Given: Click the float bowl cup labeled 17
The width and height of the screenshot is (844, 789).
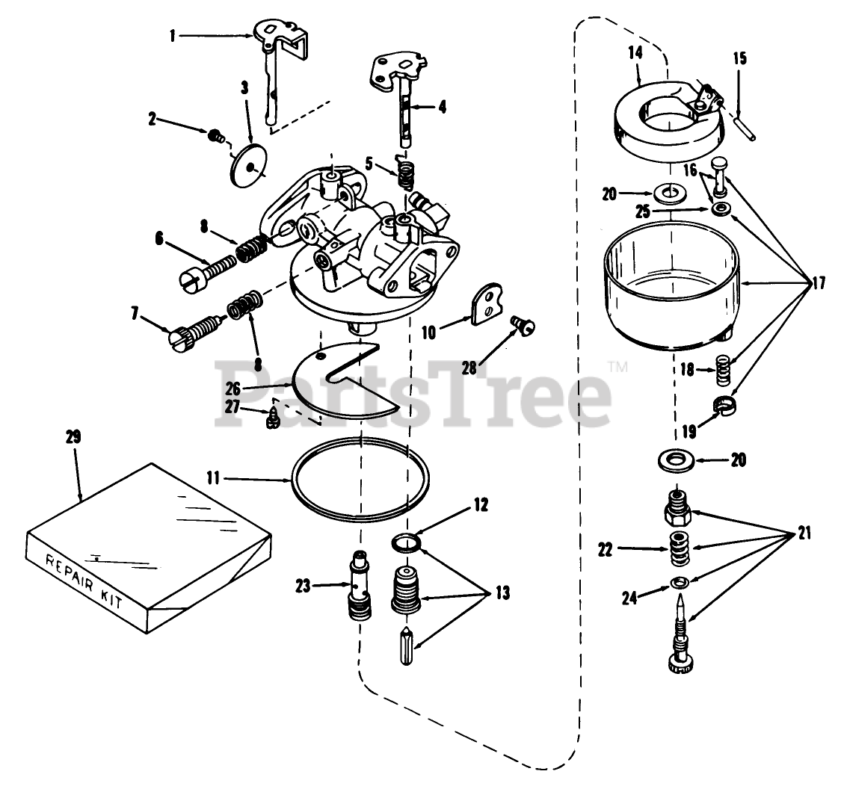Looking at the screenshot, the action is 674,291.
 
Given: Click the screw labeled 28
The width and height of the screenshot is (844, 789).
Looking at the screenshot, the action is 516,324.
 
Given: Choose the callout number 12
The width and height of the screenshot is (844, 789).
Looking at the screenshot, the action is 480,505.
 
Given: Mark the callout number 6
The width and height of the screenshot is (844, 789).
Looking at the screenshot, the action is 158,238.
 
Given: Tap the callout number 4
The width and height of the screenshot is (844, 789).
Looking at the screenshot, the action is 442,107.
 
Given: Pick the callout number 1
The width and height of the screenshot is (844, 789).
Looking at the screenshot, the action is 173,34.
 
